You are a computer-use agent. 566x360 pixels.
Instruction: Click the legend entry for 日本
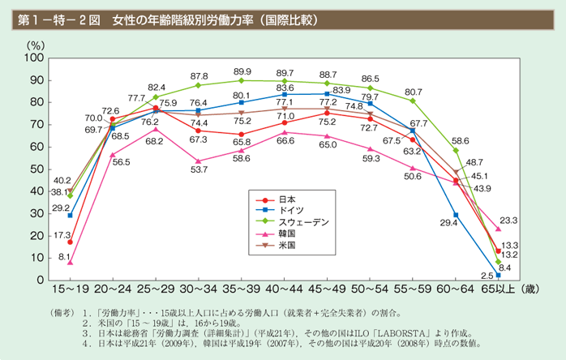click(x=286, y=199)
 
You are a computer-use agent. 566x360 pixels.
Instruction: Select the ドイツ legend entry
click(x=289, y=210)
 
